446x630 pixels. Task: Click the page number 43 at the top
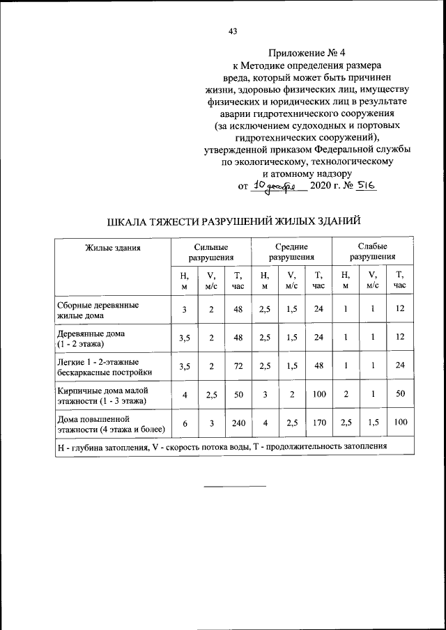pos(233,31)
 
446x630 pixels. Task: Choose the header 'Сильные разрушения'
pos(210,252)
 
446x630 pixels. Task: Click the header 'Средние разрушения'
pos(291,252)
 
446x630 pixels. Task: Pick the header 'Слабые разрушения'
pos(372,252)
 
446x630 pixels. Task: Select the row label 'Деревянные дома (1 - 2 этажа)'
pos(91,338)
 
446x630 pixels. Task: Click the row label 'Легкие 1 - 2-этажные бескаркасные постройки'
pos(98,367)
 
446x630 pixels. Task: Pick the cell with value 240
pos(238,423)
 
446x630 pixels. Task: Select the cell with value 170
pos(319,423)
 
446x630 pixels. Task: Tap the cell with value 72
pos(238,366)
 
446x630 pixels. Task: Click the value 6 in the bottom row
pos(184,423)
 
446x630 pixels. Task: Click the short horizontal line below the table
pos(234,485)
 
